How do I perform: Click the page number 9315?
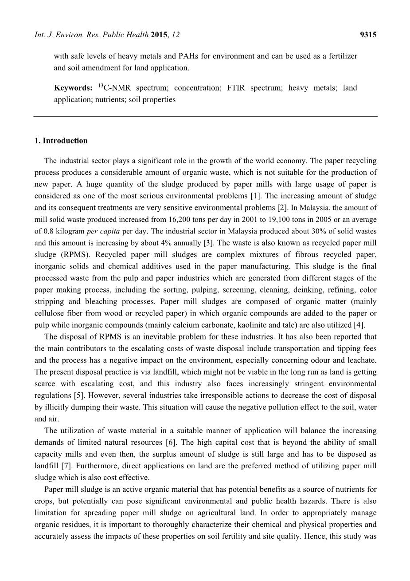click(x=368, y=35)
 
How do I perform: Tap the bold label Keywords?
click(x=73, y=88)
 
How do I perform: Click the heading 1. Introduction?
click(x=61, y=141)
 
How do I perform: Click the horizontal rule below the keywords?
click(x=205, y=116)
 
